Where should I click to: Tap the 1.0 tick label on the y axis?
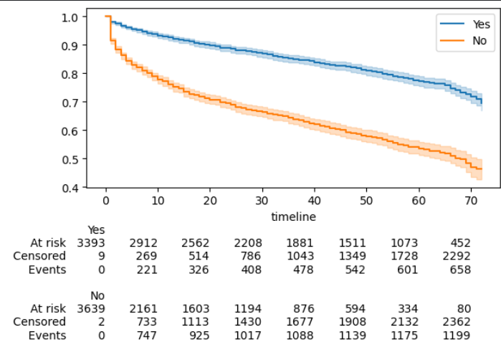pos(72,16)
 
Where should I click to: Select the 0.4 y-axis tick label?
pos(72,187)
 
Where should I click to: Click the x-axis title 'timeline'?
pos(293,217)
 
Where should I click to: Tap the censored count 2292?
pos(457,257)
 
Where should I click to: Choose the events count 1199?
pos(457,336)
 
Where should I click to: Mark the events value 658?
pos(459,270)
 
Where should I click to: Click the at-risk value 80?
pos(464,308)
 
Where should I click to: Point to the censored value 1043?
pos(300,257)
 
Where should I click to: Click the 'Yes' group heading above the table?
pos(96,230)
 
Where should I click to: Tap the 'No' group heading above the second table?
pos(97,295)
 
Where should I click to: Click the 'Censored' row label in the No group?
pos(39,322)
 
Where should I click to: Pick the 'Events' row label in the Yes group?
pos(47,270)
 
